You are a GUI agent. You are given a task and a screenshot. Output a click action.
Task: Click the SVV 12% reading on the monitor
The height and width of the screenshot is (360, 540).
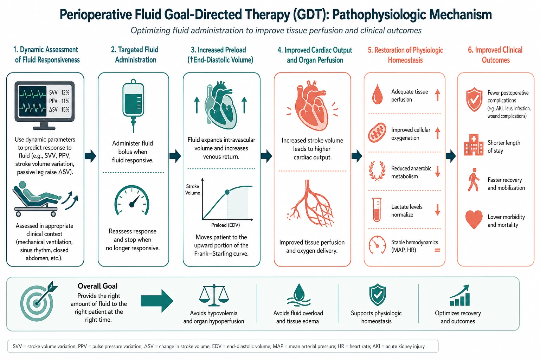[59, 92]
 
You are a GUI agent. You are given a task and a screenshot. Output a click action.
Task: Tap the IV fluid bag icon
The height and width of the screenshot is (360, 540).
[133, 105]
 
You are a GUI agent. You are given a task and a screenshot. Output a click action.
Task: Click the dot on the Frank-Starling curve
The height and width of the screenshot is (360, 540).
[227, 192]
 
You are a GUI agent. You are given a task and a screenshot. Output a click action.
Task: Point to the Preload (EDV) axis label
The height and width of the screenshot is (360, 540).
[226, 225]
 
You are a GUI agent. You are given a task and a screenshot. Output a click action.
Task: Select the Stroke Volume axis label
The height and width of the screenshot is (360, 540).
[193, 189]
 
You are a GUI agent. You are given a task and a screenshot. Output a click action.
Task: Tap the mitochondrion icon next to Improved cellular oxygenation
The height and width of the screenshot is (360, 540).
[377, 133]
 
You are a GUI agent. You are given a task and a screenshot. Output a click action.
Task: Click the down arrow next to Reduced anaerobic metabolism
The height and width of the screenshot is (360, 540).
[438, 172]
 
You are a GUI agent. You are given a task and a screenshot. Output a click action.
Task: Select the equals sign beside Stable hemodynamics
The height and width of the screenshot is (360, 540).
[437, 250]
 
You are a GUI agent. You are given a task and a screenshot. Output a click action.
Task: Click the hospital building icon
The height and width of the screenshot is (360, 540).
[474, 145]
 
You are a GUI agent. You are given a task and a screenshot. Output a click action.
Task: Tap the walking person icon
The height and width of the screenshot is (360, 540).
[473, 179]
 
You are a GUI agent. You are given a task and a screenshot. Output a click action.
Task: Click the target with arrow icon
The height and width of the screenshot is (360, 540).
[38, 301]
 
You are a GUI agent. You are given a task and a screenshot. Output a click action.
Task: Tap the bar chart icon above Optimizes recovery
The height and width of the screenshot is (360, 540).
[459, 295]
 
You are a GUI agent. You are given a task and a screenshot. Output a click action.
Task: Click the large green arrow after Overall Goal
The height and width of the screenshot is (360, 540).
[157, 301]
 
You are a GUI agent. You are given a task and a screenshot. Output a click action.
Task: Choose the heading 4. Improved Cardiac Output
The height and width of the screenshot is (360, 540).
[315, 50]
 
